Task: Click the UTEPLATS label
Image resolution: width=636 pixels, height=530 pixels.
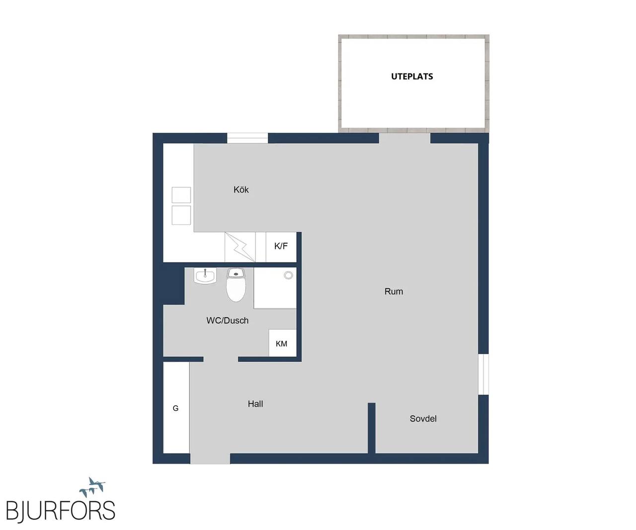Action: [412, 76]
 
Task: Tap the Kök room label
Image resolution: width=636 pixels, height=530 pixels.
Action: [241, 189]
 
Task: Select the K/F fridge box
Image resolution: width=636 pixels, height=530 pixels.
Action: [281, 247]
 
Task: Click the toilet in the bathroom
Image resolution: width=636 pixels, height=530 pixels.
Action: [236, 285]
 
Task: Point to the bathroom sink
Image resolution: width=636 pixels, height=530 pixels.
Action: [205, 276]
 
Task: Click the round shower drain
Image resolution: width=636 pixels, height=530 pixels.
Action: [288, 275]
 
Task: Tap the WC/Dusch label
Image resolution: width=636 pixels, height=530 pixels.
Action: [227, 320]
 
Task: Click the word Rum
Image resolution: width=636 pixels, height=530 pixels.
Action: [394, 291]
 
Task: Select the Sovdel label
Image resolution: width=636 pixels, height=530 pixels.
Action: [423, 419]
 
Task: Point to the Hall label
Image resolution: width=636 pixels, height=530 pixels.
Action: [255, 404]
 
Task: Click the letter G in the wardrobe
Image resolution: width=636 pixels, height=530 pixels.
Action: [175, 408]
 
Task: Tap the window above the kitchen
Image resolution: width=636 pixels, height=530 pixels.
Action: [247, 138]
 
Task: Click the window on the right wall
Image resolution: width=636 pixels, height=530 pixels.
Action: [483, 374]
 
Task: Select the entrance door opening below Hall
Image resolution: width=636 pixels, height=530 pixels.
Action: [210, 458]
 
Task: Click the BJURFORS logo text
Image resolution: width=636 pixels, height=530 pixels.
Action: [61, 511]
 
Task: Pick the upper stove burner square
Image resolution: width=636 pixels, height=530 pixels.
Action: [181, 195]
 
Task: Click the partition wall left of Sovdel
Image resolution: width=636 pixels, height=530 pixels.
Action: [371, 428]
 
